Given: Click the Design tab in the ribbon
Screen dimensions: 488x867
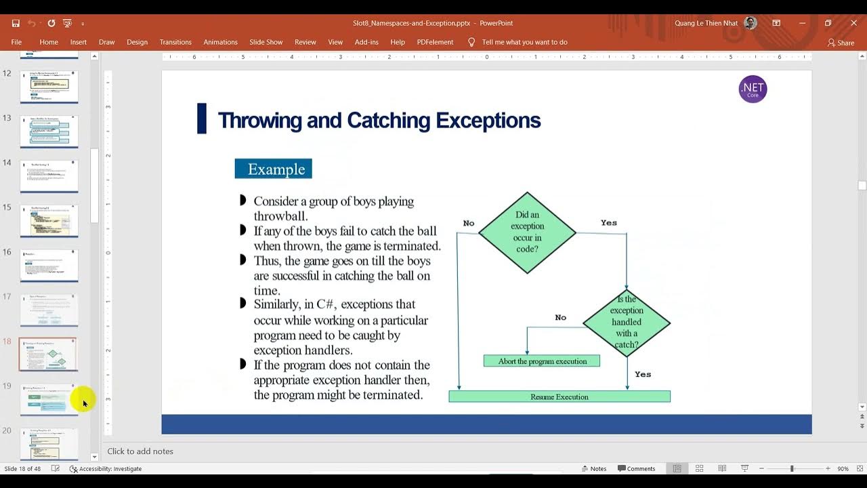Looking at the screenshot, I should coord(137,42).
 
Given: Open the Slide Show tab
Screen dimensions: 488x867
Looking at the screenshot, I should coord(266,42).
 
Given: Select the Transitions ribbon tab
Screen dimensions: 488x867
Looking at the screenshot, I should coord(175,42).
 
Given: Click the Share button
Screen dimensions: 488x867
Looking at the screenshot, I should coord(841,43).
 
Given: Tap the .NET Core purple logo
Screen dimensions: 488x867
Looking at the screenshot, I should coord(753,89).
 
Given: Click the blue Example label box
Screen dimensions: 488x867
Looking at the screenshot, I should coord(273,169).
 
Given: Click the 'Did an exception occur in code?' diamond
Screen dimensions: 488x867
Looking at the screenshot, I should coord(527,232).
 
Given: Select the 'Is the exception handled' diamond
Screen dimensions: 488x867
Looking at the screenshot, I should coord(627,323).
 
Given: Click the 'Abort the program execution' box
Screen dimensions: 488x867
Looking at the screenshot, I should coord(542,361).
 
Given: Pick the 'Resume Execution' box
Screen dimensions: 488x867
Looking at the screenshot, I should coord(559,396).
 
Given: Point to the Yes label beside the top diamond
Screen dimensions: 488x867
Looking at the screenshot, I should coord(608,222).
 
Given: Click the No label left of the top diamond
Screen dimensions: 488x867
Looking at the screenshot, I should coord(469,223).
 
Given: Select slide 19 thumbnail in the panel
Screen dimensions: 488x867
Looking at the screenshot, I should coord(49,399).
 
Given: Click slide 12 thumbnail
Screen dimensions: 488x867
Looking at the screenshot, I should coord(49,87).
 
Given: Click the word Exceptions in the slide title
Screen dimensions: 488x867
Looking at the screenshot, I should coord(488,121).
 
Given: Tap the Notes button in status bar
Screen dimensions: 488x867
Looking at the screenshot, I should coord(593,468).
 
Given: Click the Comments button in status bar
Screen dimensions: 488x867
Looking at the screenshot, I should coord(636,468).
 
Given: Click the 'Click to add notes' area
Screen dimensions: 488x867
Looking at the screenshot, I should coord(140,451).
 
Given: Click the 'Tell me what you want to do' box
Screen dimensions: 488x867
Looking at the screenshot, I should coord(524,42).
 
